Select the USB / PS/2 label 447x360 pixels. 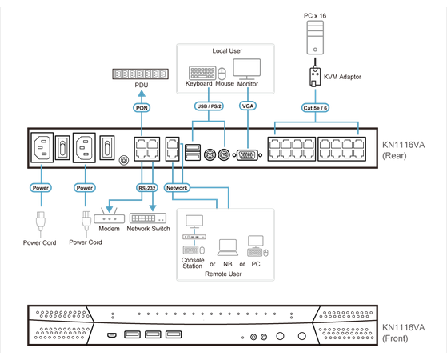[x=208, y=105]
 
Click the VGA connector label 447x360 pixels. [x=249, y=105]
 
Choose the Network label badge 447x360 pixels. [x=176, y=187]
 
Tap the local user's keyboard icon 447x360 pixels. [x=200, y=70]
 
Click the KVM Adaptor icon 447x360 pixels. [x=315, y=76]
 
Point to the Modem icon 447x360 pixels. [x=107, y=218]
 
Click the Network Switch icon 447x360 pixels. [x=148, y=218]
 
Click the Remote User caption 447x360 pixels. [x=224, y=273]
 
